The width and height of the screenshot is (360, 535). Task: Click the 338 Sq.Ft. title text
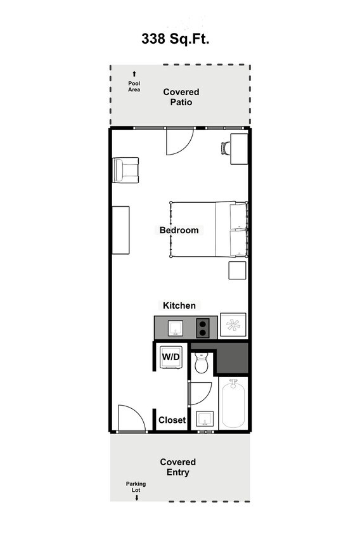tap(175, 39)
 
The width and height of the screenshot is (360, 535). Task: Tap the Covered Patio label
tap(181, 97)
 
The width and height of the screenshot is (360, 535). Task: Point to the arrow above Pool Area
tap(134, 74)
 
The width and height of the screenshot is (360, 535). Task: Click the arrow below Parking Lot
tap(136, 498)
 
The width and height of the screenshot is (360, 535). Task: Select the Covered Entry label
tap(177, 467)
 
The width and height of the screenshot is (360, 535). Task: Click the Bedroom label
tap(179, 230)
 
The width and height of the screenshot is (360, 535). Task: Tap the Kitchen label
tap(179, 306)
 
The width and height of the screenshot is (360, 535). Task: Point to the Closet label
tap(172, 420)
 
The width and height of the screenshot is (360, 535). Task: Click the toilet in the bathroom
tap(202, 363)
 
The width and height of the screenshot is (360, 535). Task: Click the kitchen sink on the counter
tap(176, 328)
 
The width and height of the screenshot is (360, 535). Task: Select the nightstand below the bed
tap(238, 270)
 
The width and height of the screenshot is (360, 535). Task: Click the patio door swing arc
tap(179, 142)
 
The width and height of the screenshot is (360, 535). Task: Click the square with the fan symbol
tap(233, 326)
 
